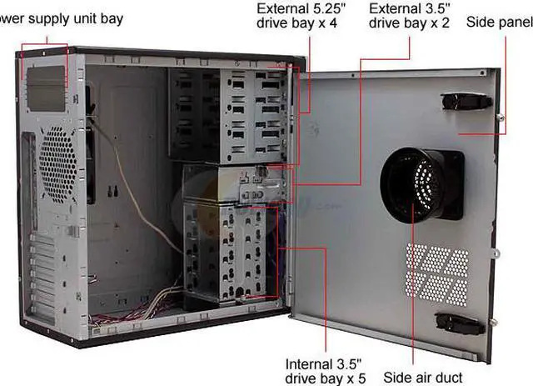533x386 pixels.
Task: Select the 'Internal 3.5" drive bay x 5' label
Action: click(x=324, y=371)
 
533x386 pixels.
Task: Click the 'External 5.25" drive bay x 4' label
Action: click(x=297, y=16)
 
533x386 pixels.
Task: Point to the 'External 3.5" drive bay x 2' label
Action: click(x=408, y=16)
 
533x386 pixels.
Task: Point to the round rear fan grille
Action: click(x=58, y=163)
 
